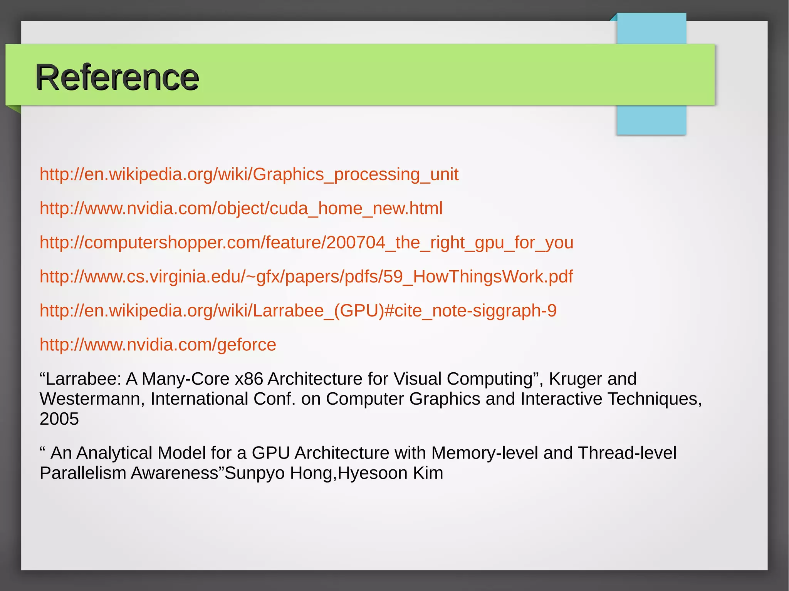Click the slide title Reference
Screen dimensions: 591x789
[117, 77]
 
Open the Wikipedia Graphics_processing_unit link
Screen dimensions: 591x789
[249, 174]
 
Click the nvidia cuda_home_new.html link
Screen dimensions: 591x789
[241, 208]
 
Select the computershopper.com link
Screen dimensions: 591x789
[306, 243]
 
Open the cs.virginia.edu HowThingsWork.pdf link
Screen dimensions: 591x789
[306, 276]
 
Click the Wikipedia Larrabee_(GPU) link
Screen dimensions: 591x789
[298, 311]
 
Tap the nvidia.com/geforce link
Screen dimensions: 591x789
[158, 345]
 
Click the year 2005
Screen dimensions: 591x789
[59, 419]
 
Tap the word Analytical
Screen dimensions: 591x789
[114, 453]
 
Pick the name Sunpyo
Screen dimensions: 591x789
[254, 473]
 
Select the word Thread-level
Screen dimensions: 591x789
[627, 453]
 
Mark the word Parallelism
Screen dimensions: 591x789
[83, 473]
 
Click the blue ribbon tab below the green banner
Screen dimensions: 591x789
[651, 120]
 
